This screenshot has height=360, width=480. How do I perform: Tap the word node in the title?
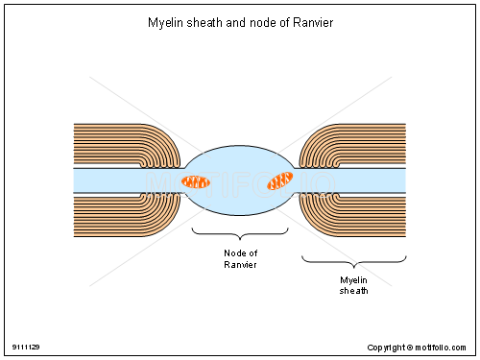tap(254, 22)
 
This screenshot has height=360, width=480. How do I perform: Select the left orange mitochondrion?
tap(197, 181)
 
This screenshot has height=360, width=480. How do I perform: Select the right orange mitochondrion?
tap(280, 180)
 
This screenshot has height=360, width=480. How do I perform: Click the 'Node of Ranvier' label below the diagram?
tap(240, 259)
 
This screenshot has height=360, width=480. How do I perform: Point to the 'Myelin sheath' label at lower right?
tap(354, 284)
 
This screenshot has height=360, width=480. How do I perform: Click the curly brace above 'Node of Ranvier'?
tap(240, 233)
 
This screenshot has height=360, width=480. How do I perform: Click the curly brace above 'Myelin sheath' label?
tap(354, 260)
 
